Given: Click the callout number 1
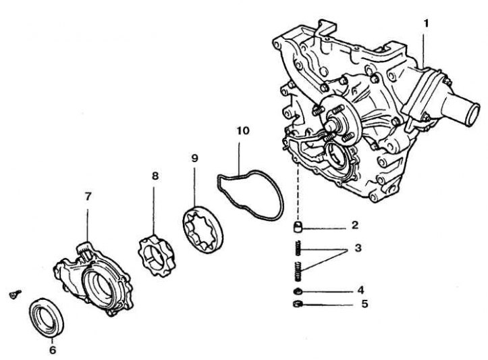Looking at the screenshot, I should coord(426,23).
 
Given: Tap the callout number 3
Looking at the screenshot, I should coord(358,249).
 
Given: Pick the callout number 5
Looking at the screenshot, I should coord(364,305).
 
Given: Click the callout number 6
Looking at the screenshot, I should coord(53,350).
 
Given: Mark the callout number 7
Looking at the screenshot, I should coord(88,197).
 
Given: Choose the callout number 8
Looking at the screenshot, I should coord(155,176).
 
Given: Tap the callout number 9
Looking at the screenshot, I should coord(195,158).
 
